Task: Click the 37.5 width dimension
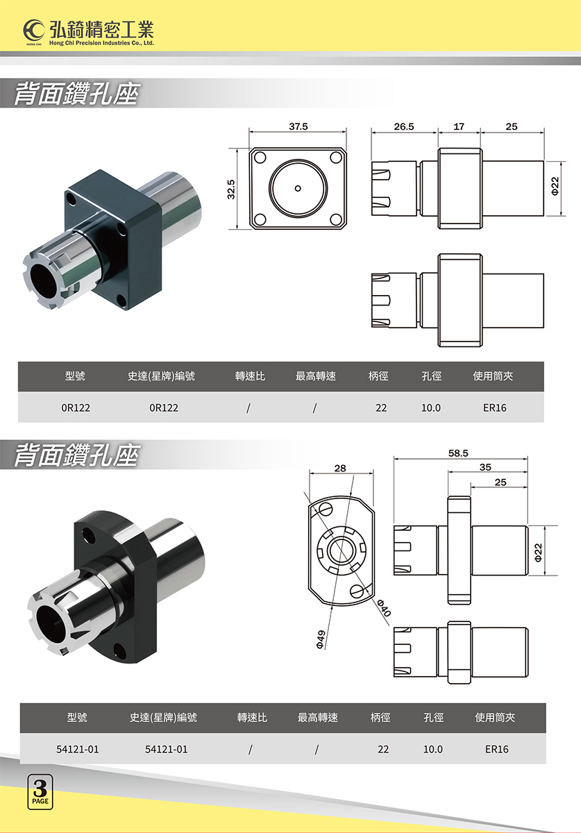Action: click(298, 127)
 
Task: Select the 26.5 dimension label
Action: click(404, 127)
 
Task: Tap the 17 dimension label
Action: click(459, 127)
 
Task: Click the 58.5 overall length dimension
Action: click(458, 453)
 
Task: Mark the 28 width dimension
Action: click(340, 469)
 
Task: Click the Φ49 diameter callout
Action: click(321, 639)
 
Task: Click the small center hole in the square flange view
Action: click(298, 188)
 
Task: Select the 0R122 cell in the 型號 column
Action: click(76, 407)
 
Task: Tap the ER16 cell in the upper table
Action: click(495, 407)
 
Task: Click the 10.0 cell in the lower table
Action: click(433, 750)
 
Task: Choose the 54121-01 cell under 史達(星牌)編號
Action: click(166, 750)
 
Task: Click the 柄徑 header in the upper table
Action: click(378, 376)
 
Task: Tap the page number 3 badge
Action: click(40, 791)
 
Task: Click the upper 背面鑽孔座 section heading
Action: click(76, 94)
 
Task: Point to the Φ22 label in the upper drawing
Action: click(555, 186)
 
